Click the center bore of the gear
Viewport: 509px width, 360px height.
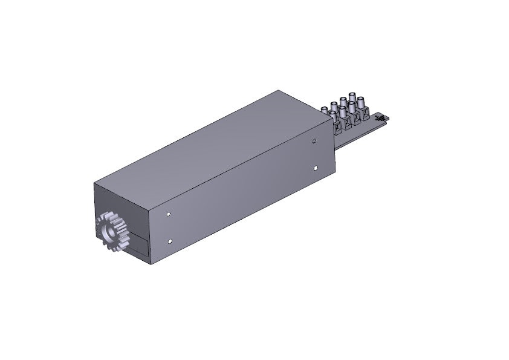click(109, 231)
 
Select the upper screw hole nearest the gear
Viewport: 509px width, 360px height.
click(168, 214)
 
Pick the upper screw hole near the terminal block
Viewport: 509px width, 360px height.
click(314, 141)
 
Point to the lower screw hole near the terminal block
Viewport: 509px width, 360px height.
click(316, 168)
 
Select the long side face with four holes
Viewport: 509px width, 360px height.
click(242, 194)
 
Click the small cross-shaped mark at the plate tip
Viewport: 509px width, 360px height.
click(380, 119)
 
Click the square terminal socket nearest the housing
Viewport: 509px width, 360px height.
click(337, 129)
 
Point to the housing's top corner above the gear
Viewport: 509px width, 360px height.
click(94, 182)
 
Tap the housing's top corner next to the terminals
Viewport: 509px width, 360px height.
click(279, 91)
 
